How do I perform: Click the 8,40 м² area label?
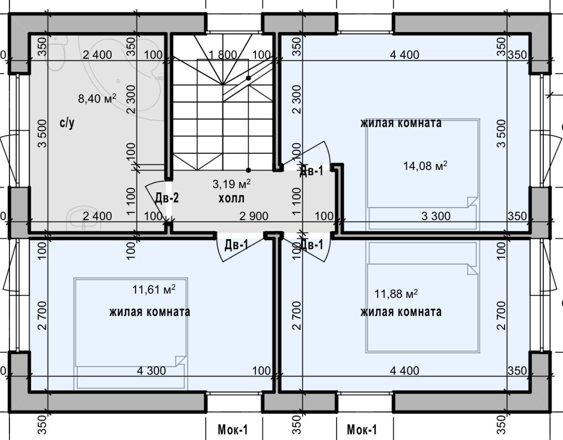coord(97,98)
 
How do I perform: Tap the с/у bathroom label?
coord(67,123)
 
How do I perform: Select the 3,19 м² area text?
coord(232,184)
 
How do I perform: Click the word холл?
coord(232,198)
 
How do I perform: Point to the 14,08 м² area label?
coord(425,166)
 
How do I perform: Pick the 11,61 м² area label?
coord(154,289)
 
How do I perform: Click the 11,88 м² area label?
coord(396,294)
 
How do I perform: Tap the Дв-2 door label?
coord(167,198)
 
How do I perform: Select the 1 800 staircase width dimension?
coord(223,54)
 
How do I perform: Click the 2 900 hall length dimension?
coord(254,216)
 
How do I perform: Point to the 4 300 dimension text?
coord(151,370)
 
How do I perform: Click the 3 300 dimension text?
coord(436,216)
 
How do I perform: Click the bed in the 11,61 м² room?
coord(131,334)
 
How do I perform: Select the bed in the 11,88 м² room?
coord(423,297)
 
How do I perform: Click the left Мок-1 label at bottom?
coord(233,430)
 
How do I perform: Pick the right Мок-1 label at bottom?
coord(362,430)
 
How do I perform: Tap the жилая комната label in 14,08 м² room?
coord(401,123)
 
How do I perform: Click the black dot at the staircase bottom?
coord(248,170)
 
